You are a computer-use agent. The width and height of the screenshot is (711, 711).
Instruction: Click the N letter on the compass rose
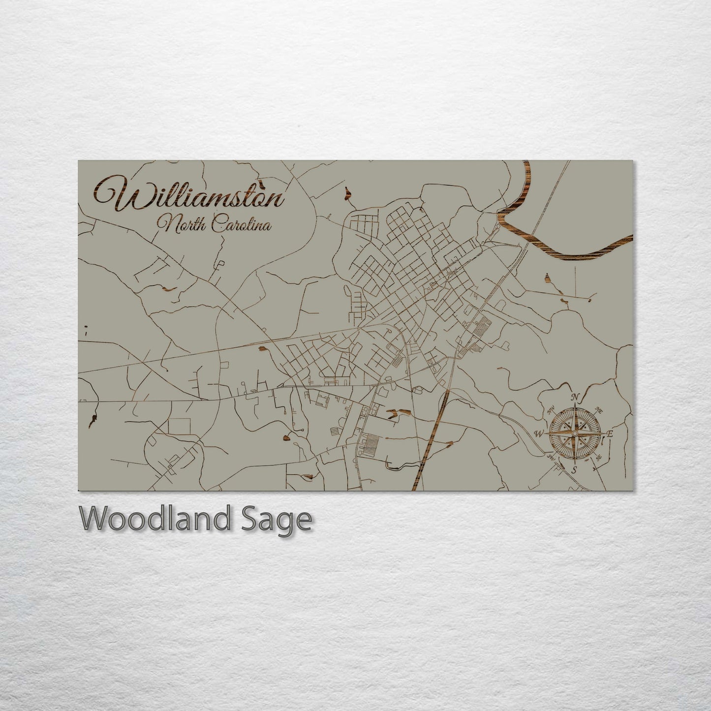[x=575, y=398]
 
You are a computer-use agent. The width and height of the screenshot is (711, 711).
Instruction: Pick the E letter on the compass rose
[x=610, y=433]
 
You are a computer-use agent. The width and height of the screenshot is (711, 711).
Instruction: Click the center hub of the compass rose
[x=574, y=433]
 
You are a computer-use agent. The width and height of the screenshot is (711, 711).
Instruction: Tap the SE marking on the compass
[x=599, y=457]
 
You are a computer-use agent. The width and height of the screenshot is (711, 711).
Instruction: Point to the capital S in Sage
[x=250, y=519]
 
